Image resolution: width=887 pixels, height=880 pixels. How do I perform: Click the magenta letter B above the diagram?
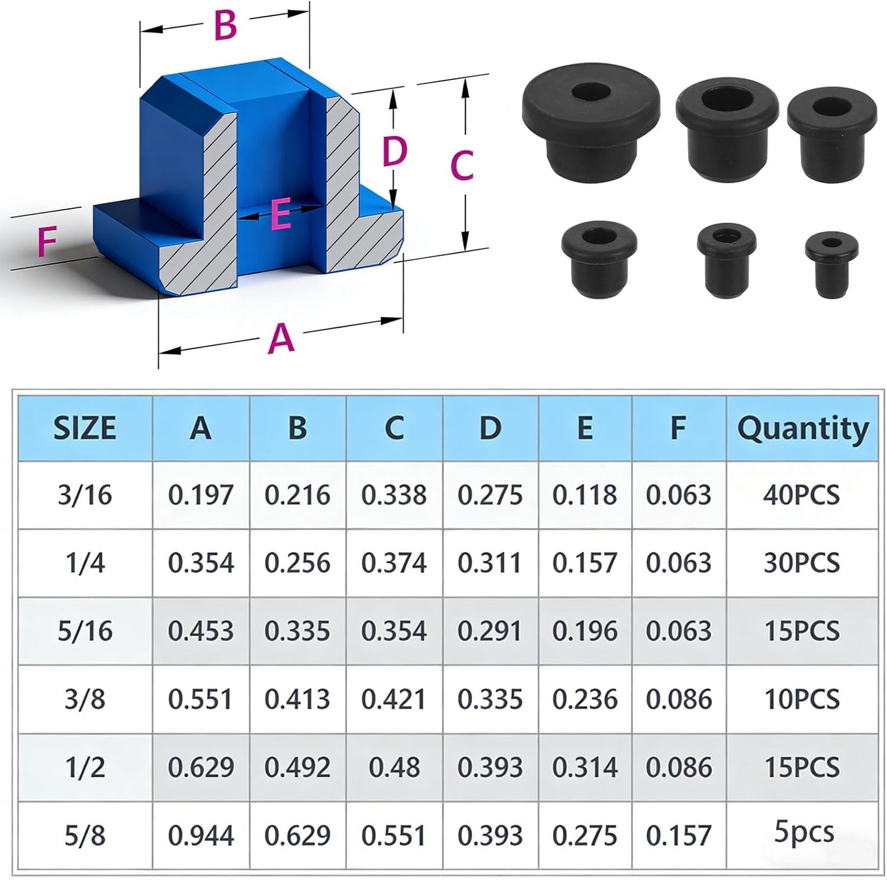click(225, 26)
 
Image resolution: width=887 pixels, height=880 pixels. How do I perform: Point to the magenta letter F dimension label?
click(47, 241)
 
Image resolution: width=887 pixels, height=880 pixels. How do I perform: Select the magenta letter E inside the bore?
click(281, 214)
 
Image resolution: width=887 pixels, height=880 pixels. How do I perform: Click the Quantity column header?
click(803, 429)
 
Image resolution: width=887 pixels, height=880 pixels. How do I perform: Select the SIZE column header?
click(85, 428)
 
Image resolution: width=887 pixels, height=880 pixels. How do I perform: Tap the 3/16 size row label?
click(85, 496)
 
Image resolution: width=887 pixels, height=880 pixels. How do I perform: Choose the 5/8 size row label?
click(85, 835)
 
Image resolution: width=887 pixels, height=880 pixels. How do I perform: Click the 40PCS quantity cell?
click(802, 496)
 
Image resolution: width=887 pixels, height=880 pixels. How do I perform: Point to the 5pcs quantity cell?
click(804, 831)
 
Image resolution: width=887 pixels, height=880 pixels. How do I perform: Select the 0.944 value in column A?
click(201, 835)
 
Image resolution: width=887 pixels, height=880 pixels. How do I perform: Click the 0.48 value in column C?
click(394, 768)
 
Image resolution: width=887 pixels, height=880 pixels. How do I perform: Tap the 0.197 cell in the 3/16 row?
click(200, 496)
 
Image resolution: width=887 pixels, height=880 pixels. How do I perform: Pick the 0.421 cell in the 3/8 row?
click(393, 699)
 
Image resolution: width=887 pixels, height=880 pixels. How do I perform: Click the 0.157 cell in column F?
click(678, 835)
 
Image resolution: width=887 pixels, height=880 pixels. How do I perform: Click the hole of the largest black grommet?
click(591, 92)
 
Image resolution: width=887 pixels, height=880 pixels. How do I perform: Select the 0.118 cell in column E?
click(584, 496)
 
